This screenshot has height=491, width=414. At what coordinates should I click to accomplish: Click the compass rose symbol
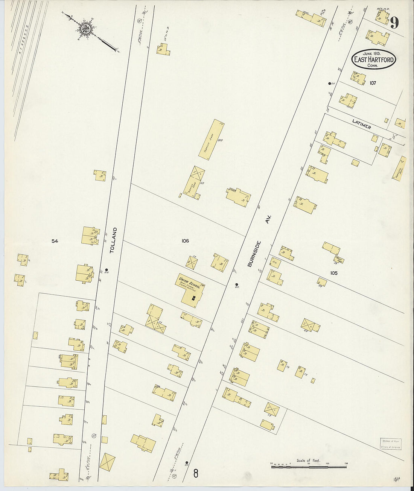point(86,28)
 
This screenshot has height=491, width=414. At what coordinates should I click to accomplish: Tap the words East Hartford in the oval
point(374,60)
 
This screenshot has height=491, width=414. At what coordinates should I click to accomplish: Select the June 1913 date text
point(373,53)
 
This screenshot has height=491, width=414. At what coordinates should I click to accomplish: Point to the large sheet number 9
point(394,23)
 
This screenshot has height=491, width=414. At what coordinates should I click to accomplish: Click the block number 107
point(373,83)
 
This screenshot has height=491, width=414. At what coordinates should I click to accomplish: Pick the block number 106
point(185,241)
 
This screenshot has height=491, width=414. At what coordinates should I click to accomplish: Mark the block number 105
point(333,273)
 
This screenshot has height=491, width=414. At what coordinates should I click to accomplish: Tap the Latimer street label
point(362,124)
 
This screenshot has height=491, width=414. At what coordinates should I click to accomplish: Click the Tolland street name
point(113,240)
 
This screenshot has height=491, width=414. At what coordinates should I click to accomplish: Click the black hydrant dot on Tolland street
point(107,269)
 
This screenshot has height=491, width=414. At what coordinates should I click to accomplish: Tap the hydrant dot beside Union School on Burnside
point(236,284)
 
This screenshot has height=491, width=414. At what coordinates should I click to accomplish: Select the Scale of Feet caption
point(308,461)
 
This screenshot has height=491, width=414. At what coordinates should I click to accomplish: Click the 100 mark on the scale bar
point(327,464)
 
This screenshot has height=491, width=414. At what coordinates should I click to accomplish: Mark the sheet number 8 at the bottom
point(196,473)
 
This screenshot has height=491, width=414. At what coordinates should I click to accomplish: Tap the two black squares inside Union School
point(193,298)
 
